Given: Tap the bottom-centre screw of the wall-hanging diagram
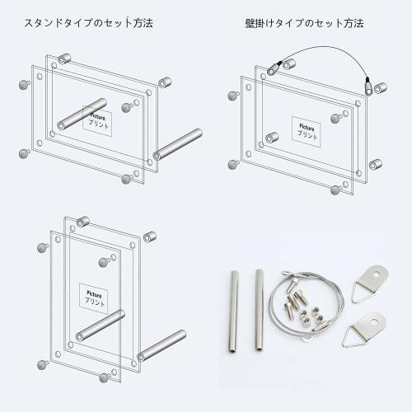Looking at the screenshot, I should [x=335, y=190].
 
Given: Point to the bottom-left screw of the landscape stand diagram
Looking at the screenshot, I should [x=23, y=153].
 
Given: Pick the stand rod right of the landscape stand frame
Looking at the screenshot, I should [x=178, y=143].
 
